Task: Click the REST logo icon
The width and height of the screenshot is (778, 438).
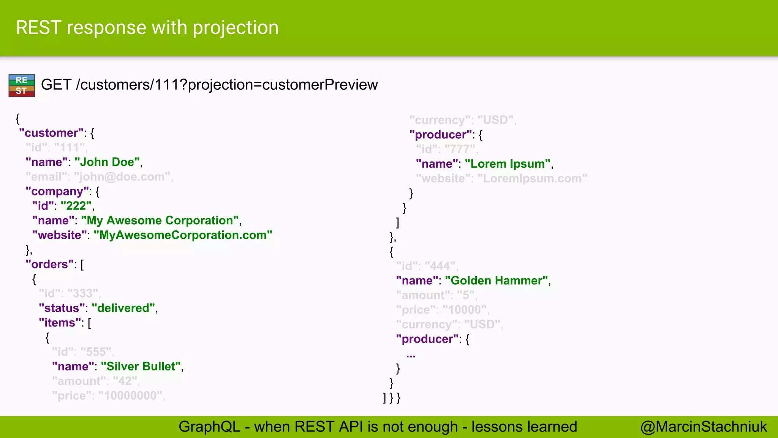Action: coord(22,86)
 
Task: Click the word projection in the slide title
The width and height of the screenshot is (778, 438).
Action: coord(236,28)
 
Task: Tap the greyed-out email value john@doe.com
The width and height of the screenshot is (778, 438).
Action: coord(122,177)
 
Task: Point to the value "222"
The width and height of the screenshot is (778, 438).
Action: coord(76,206)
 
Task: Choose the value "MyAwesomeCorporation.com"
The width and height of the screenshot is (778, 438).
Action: coord(183,235)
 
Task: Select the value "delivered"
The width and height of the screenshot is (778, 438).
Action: coord(123,308)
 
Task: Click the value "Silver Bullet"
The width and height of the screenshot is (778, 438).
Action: coord(141,367)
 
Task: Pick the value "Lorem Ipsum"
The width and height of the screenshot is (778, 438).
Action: coord(508,164)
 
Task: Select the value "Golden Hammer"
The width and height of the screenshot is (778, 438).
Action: coord(496,281)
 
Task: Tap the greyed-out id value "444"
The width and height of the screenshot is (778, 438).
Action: coord(441,266)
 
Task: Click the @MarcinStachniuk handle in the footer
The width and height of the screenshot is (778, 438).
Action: coord(704,427)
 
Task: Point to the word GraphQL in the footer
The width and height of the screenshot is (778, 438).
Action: coord(209,427)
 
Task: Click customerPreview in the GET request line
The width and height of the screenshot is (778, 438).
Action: coord(320,85)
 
